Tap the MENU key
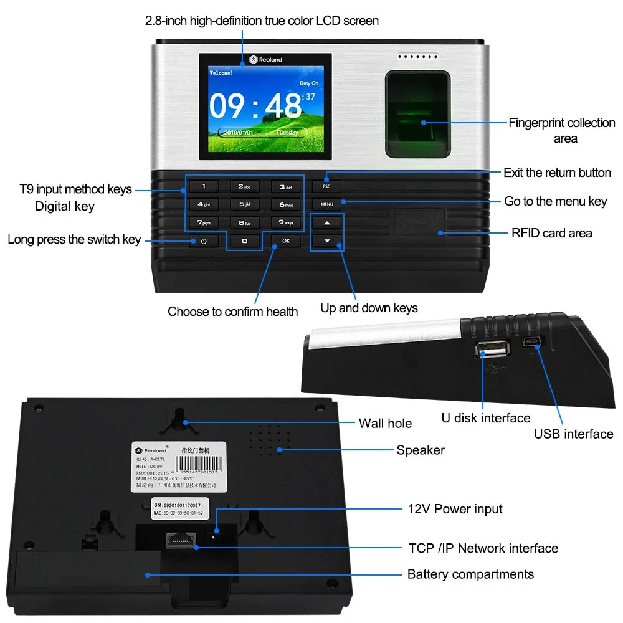[x=327, y=204]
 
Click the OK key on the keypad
[x=285, y=240]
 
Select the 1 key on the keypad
[x=204, y=186]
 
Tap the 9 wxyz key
[x=285, y=222]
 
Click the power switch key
[x=204, y=241]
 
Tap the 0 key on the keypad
[x=244, y=240]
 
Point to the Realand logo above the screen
[x=265, y=60]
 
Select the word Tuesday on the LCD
[x=287, y=133]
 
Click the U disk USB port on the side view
[x=493, y=352]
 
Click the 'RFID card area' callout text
[x=551, y=234]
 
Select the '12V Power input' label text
[x=455, y=509]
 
